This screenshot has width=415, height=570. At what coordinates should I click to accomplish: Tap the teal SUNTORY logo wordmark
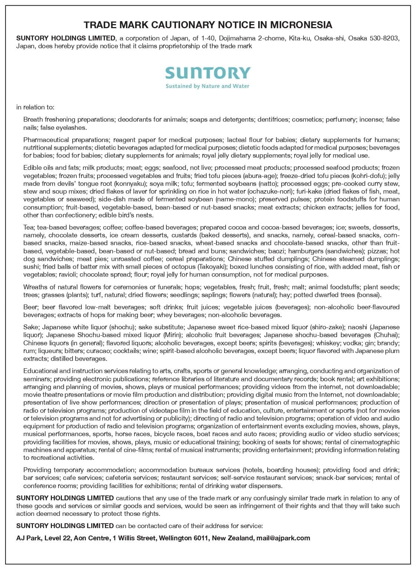207,73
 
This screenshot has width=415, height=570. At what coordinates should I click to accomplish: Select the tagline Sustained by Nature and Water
207,86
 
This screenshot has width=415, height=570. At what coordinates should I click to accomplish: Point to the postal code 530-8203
385,38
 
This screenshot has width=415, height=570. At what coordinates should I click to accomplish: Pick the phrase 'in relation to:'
35,107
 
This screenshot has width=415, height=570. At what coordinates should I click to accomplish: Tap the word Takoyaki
211,267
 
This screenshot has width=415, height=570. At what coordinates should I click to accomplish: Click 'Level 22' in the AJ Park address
57,538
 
